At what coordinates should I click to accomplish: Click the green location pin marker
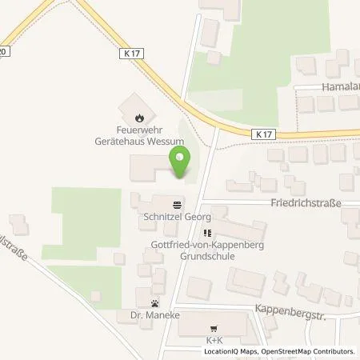coord(181,163)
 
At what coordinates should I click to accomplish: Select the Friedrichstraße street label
coord(305,203)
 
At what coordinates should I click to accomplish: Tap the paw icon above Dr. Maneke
coord(154,303)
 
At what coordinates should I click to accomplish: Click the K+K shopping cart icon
coord(213,328)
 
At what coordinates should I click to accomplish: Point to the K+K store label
coord(213,338)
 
